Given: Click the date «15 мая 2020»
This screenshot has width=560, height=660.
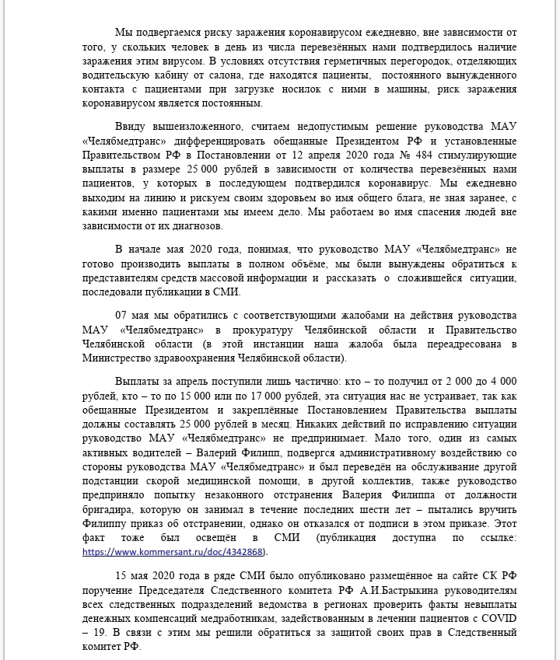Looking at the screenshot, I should pyautogui.click(x=154, y=578).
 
